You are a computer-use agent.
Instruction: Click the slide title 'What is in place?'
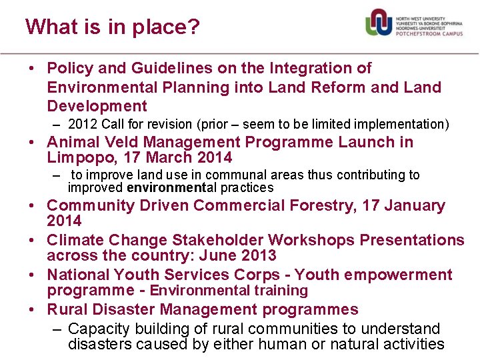coord(112,27)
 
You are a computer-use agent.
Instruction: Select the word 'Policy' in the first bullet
coord(70,68)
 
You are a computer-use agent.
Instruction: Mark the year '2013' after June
coord(257,256)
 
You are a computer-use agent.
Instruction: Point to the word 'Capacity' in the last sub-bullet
coord(97,329)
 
